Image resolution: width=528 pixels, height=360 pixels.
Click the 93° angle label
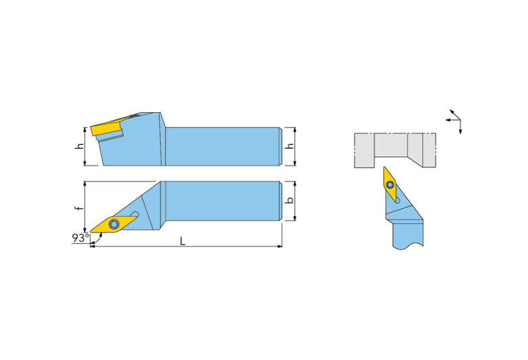(80, 237)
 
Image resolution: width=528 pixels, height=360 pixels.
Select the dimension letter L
(182, 241)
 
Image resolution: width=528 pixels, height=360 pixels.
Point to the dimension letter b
(289, 200)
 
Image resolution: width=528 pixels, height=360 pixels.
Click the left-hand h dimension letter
(80, 146)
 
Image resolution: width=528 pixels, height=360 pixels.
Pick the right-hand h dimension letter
(290, 146)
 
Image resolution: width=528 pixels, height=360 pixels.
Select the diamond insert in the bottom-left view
(114, 224)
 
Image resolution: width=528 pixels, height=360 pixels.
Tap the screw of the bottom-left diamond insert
(113, 224)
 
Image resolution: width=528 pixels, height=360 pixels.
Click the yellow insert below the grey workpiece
(390, 184)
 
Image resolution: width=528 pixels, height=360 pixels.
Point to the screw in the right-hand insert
(390, 184)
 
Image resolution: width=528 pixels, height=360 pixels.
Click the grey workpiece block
(395, 150)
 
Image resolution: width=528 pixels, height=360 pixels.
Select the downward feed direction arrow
(461, 127)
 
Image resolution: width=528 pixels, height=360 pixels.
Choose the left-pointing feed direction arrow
(452, 120)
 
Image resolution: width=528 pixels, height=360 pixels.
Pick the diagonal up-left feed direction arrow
(455, 114)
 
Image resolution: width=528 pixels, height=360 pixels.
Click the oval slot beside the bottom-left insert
(135, 214)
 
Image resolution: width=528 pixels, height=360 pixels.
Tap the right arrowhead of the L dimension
(279, 246)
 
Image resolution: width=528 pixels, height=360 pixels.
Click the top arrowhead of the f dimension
(85, 184)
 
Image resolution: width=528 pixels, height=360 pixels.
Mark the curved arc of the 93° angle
(97, 240)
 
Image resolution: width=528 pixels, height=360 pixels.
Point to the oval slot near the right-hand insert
(398, 200)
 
